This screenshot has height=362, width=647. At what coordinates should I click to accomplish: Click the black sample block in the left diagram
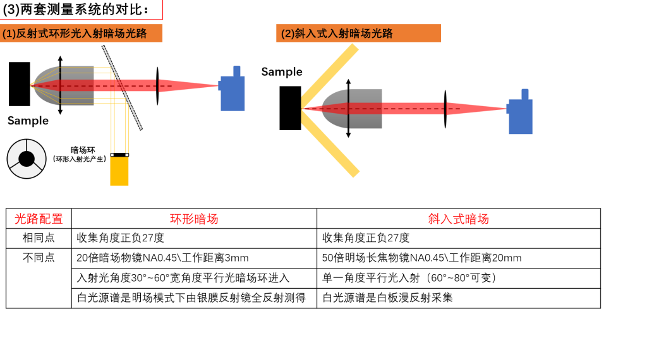20,84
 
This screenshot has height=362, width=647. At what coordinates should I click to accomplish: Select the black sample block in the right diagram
290,108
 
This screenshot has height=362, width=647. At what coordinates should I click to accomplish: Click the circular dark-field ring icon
27,159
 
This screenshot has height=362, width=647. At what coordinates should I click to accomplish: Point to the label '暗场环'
83,150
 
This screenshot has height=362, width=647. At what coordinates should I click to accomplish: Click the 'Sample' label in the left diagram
28,121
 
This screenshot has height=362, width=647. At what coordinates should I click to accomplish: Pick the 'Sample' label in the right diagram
282,72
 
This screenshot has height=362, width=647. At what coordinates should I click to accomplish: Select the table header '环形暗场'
194,219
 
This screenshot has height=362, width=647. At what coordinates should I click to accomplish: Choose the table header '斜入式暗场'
458,219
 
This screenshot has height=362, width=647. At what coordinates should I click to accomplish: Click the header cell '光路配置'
39,219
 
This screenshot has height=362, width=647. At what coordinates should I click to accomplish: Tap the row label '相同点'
39,238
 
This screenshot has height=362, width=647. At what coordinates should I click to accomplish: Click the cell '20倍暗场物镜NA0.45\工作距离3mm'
162,258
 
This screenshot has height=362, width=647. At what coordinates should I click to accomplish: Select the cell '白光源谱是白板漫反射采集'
387,298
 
